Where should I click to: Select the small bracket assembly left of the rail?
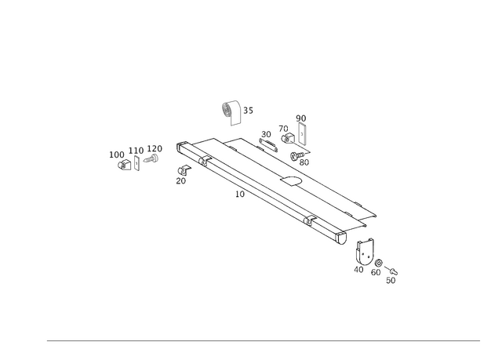[x=136, y=155]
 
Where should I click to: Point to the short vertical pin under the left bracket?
[x=136, y=165]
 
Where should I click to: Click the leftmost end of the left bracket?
[x=111, y=155]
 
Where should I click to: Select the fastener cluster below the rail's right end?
[x=375, y=263]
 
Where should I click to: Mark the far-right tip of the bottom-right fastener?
[x=397, y=276]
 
